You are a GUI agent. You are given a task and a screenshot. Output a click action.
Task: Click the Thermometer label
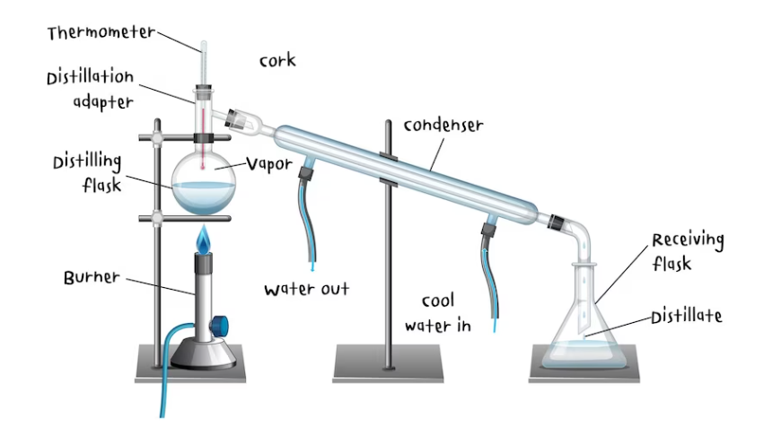[101, 33]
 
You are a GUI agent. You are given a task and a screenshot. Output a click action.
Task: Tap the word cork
[277, 61]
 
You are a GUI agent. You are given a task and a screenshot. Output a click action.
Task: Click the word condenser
[443, 125]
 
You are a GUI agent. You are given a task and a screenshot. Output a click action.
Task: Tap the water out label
[306, 289]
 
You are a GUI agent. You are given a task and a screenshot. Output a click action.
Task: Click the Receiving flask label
[688, 252]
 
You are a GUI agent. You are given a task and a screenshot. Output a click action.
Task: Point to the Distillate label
[687, 316]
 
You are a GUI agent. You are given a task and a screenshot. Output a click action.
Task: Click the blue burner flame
[205, 240]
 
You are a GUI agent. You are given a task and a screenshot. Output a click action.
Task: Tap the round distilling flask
[205, 183]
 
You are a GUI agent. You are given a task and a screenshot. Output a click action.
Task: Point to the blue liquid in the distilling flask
[205, 197]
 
